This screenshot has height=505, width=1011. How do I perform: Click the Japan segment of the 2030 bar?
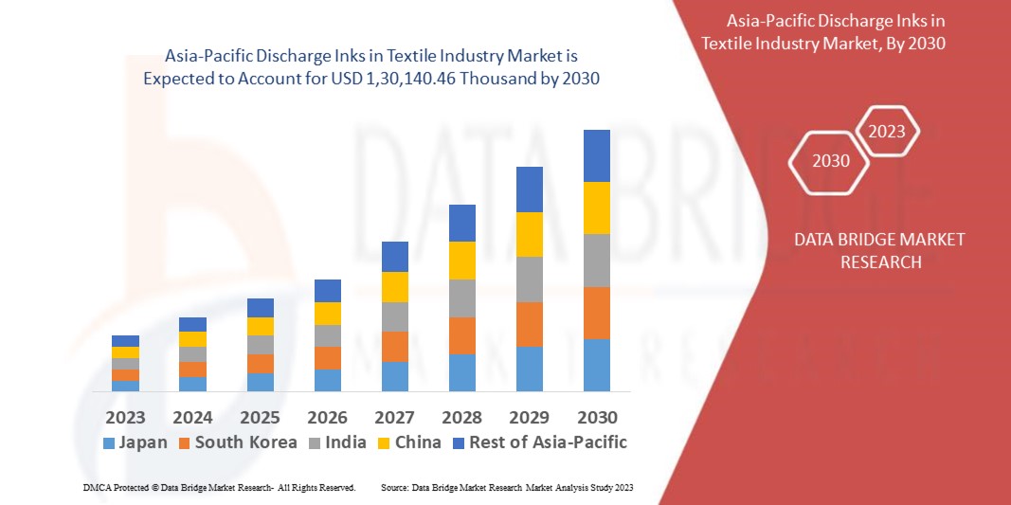tap(597, 365)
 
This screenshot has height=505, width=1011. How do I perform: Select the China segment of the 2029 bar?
tap(530, 234)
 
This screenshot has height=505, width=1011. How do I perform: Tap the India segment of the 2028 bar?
tap(461, 298)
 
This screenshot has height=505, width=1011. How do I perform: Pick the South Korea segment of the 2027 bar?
tap(395, 346)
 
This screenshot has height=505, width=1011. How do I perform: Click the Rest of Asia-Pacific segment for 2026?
tap(328, 290)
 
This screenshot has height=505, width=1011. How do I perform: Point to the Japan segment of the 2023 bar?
tap(125, 386)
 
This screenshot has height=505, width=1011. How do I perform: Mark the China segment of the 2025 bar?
tap(261, 326)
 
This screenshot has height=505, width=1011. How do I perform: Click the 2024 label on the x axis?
tap(193, 417)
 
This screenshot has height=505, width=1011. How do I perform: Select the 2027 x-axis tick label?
tap(395, 417)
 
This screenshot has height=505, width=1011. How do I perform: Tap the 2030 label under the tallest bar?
tap(597, 417)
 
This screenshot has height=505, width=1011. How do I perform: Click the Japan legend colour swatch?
tap(108, 442)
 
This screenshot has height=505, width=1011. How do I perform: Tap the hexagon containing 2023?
tap(887, 132)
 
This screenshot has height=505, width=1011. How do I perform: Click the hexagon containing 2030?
tap(831, 160)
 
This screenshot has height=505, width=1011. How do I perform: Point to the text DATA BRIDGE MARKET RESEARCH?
tap(880, 250)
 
